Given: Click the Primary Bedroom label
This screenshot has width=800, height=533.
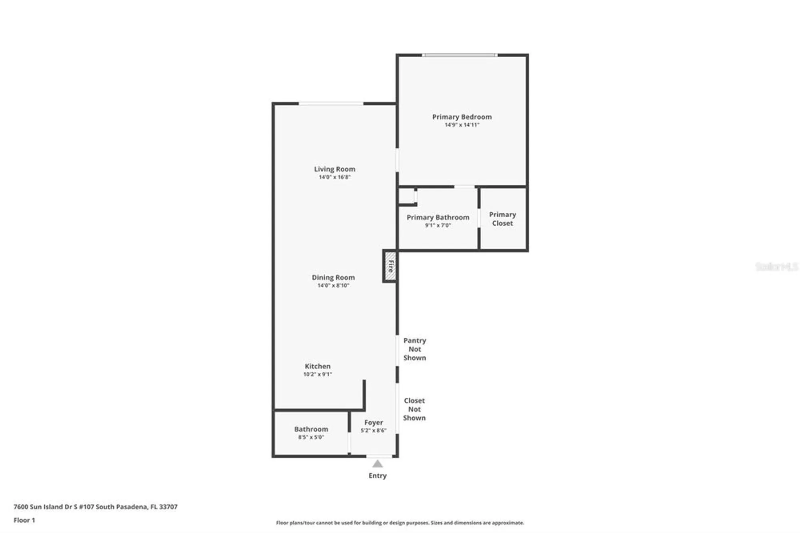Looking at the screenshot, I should pyautogui.click(x=462, y=117).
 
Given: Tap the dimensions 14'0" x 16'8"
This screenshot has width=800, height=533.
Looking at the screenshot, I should pyautogui.click(x=334, y=177).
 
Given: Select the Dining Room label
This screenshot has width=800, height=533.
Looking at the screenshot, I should pyautogui.click(x=333, y=277).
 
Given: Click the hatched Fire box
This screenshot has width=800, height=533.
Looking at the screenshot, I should pyautogui.click(x=390, y=266).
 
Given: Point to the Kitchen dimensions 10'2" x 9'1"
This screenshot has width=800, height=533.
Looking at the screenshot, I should pyautogui.click(x=317, y=374).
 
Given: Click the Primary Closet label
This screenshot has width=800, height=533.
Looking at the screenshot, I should pyautogui.click(x=502, y=219).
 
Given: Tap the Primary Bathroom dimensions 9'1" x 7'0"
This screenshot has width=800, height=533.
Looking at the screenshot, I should pyautogui.click(x=438, y=225).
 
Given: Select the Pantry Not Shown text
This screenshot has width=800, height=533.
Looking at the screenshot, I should pyautogui.click(x=414, y=349).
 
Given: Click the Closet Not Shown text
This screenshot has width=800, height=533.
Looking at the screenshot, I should pyautogui.click(x=414, y=409).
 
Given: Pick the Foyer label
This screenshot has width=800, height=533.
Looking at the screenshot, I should pyautogui.click(x=373, y=423).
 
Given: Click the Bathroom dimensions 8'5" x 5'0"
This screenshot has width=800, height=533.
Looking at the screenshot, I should pyautogui.click(x=311, y=437).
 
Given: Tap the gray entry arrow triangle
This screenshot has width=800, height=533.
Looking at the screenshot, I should pyautogui.click(x=377, y=464).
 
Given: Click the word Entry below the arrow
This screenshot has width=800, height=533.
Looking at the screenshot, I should pyautogui.click(x=377, y=475).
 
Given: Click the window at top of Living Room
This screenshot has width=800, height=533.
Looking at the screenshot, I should pyautogui.click(x=331, y=104).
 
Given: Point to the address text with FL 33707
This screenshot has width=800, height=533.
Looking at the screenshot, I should pyautogui.click(x=95, y=507).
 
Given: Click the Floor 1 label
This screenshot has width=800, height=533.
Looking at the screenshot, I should pyautogui.click(x=24, y=520).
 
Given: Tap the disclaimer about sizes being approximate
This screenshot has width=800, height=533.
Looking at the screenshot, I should pyautogui.click(x=400, y=523).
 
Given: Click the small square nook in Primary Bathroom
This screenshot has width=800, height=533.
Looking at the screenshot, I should pyautogui.click(x=406, y=196).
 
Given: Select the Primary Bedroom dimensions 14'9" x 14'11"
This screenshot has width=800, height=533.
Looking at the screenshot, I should pyautogui.click(x=462, y=125).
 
